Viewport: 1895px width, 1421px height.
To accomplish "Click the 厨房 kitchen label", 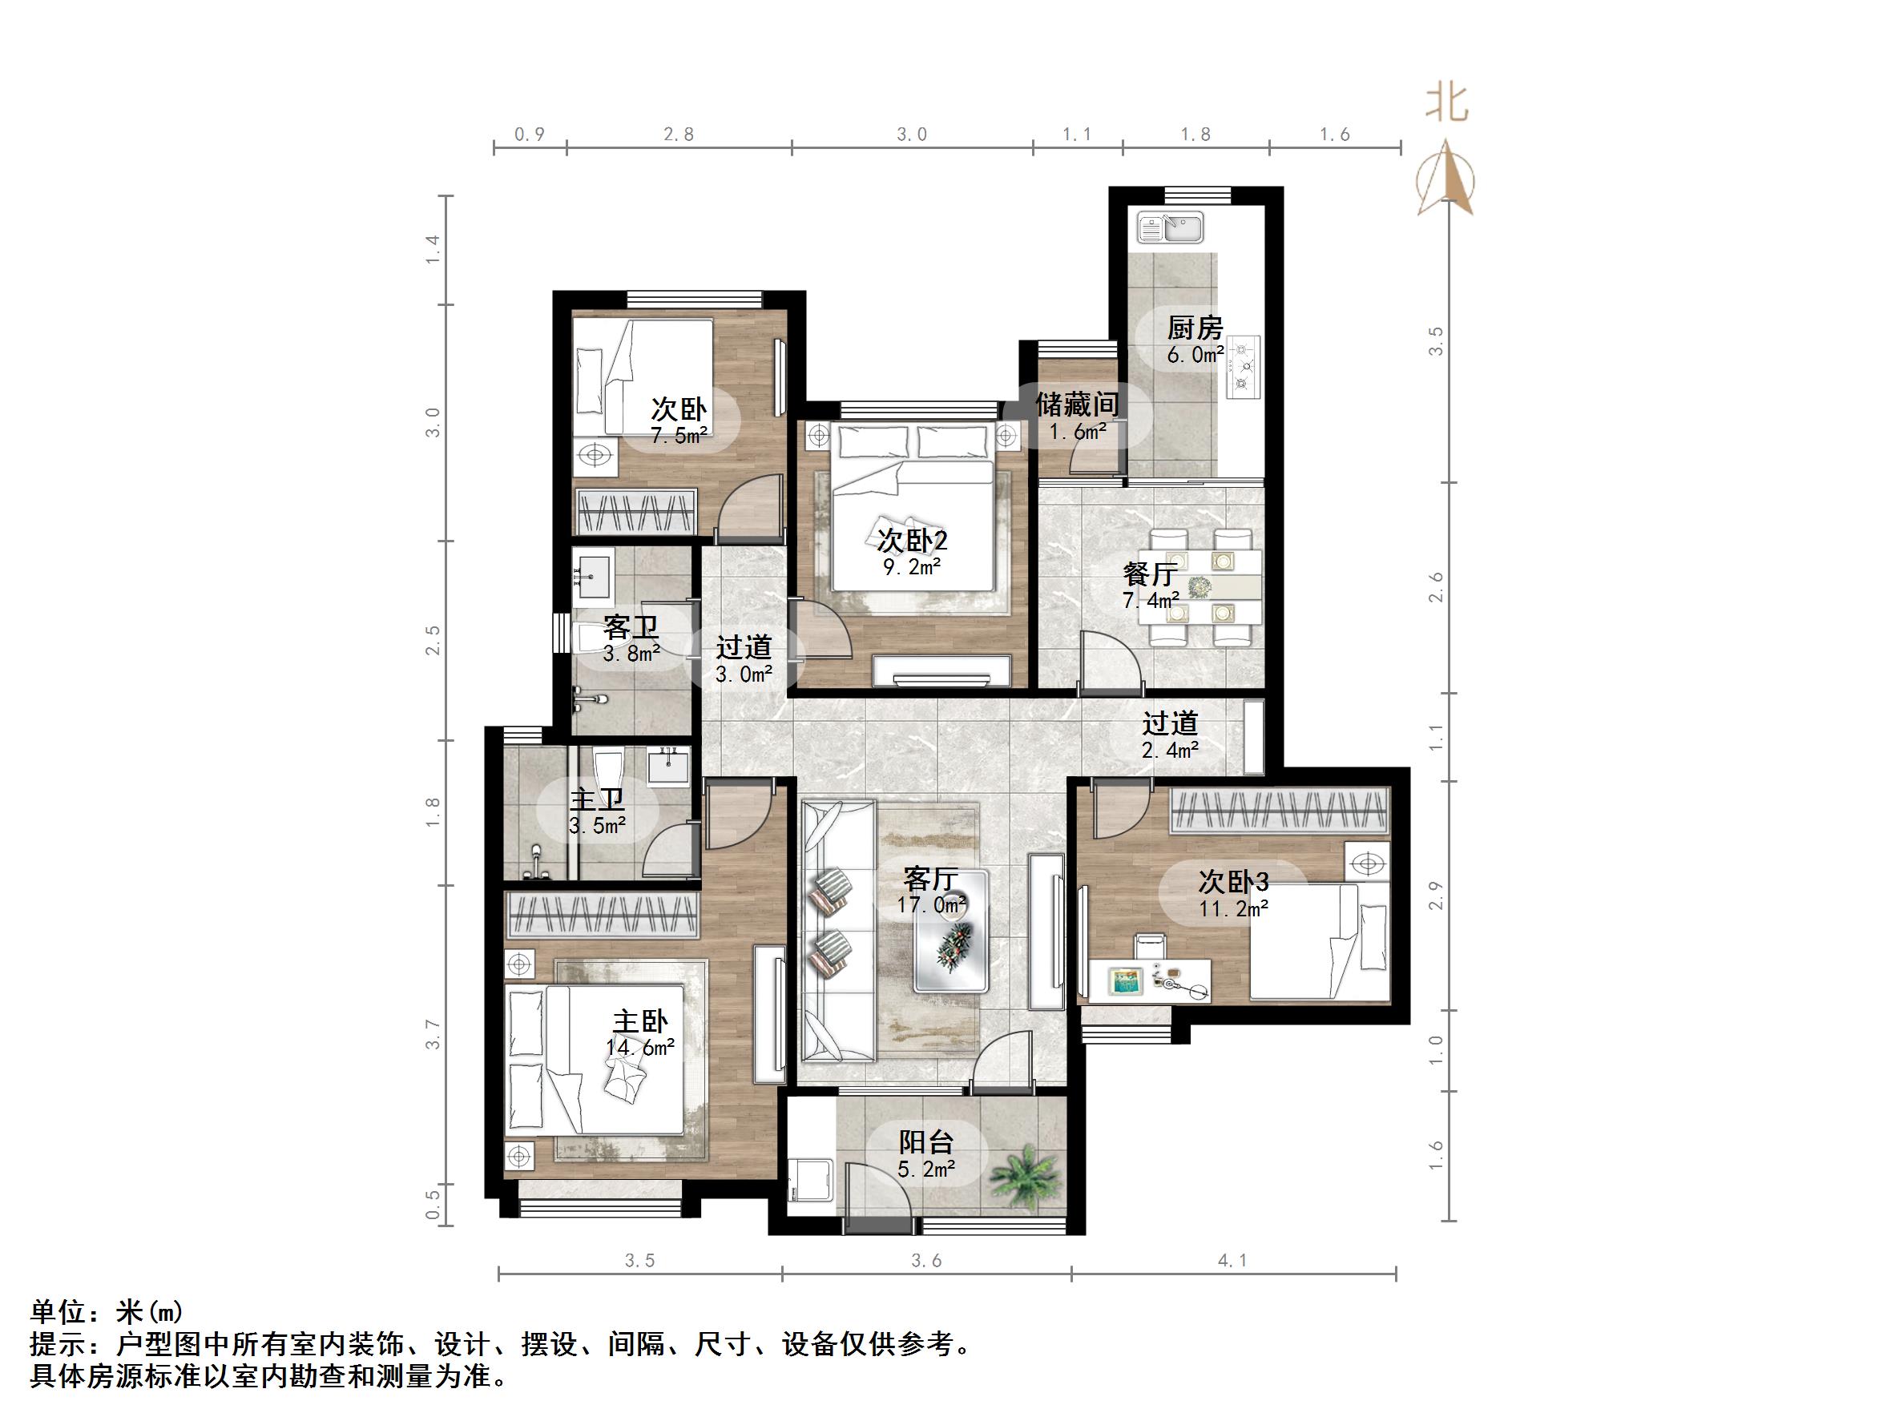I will point(1194,328).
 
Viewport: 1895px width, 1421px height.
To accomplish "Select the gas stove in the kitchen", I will point(1243,367).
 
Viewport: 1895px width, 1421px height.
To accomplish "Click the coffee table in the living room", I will point(951,943).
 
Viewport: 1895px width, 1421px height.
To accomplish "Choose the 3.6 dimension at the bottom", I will point(926,1260).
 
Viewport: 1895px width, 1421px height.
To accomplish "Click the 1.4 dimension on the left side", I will point(433,248).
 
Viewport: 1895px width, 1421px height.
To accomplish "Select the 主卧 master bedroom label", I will point(640,1021).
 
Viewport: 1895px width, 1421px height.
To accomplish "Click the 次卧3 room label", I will point(1233,880).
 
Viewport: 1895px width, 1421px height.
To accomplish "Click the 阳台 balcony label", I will point(926,1141).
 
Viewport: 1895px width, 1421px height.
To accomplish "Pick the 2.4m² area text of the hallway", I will point(1169,751).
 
